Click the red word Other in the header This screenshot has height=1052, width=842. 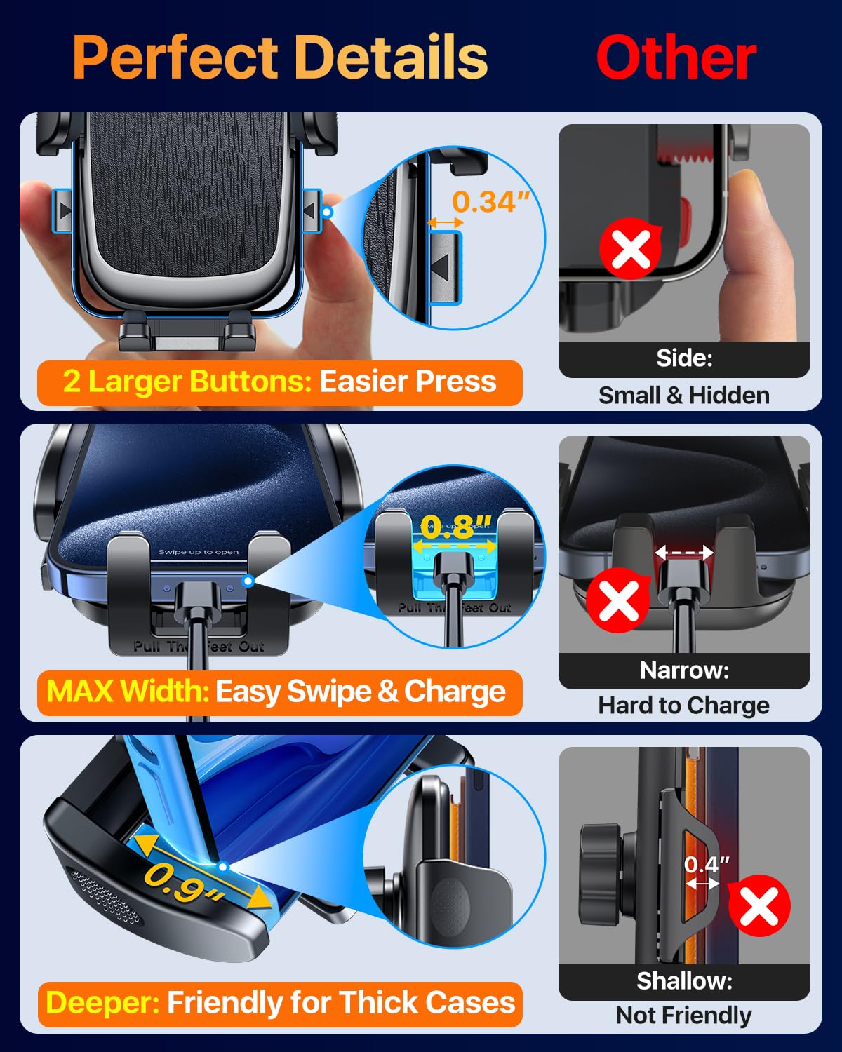(676, 58)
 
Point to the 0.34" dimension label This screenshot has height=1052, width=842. (490, 202)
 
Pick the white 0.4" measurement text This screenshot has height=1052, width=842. (707, 864)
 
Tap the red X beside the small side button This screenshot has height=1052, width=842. (631, 249)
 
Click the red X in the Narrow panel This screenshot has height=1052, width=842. (618, 600)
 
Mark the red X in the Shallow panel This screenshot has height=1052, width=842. (759, 906)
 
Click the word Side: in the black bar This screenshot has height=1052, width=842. (684, 358)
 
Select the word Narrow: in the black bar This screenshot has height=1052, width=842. (684, 670)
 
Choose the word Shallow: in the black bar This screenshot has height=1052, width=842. (684, 980)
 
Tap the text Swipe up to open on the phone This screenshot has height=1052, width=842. (198, 552)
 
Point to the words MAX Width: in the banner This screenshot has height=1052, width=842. (128, 692)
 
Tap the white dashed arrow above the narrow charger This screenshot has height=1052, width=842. (684, 553)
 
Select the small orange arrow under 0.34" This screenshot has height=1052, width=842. (445, 223)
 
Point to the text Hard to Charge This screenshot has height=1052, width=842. (684, 706)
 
